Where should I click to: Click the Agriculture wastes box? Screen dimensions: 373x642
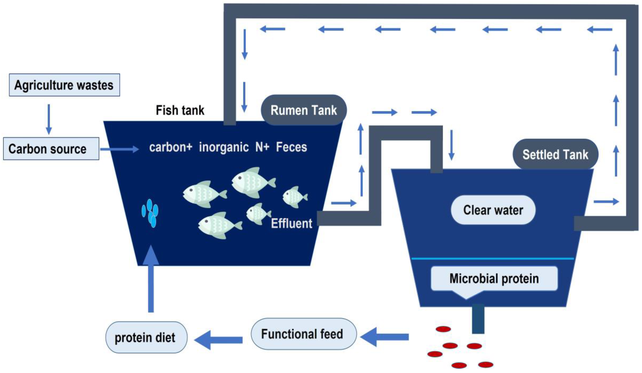[64, 85]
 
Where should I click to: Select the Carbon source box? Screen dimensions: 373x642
[51, 149]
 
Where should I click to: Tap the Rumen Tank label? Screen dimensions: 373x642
[303, 110]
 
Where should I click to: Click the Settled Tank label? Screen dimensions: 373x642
[555, 154]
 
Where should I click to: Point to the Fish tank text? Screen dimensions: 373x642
[180, 110]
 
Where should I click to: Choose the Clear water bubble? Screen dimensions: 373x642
[493, 210]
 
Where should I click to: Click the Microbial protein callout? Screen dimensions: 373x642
[494, 278]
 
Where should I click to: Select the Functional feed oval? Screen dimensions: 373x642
[303, 334]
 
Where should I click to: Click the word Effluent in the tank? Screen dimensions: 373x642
[291, 223]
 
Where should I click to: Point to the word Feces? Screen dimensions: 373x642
[291, 147]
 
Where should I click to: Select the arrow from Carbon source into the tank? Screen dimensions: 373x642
[119, 149]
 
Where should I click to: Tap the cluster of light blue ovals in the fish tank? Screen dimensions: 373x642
[150, 213]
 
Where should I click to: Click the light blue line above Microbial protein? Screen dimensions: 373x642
[492, 259]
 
